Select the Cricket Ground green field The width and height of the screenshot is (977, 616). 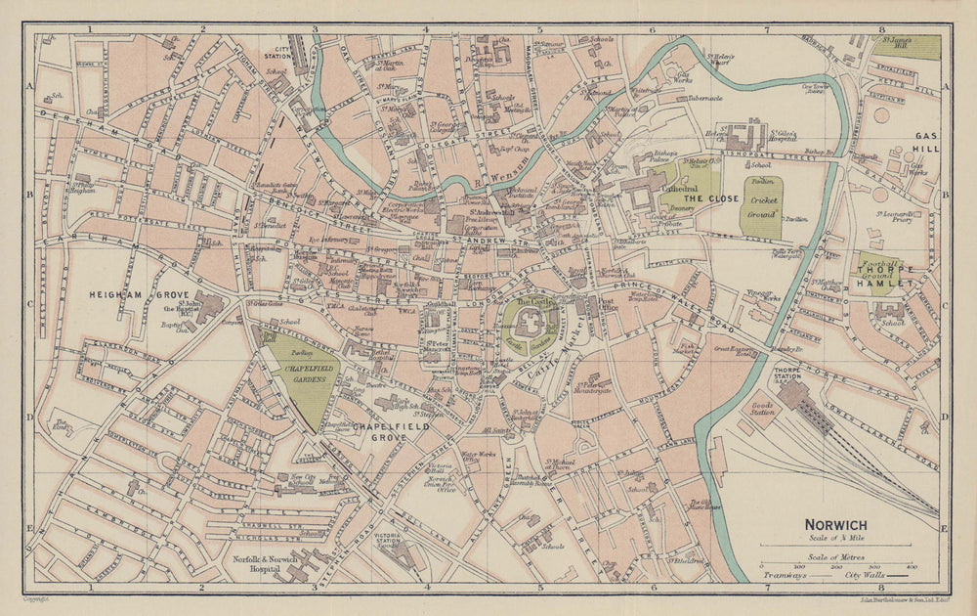point(761,208)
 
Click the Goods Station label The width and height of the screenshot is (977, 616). point(762,408)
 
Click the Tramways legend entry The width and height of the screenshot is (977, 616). point(785,576)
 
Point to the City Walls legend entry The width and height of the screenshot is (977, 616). point(864,576)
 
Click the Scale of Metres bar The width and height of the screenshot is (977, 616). point(836,560)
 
